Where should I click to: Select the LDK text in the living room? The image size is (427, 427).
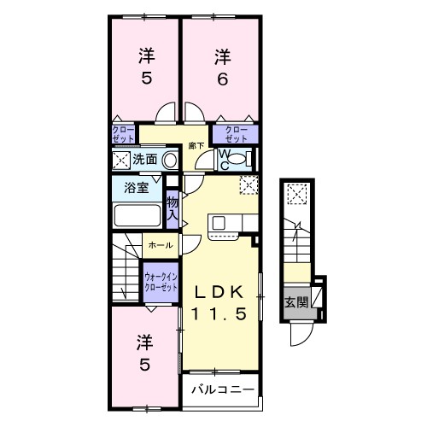click(218, 290)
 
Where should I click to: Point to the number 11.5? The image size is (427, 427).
click(218, 313)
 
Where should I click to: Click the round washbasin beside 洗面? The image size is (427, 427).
click(169, 159)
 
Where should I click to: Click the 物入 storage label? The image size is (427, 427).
click(173, 208)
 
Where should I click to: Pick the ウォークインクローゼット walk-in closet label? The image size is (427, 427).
click(161, 282)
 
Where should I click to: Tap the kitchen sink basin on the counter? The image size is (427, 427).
click(219, 223)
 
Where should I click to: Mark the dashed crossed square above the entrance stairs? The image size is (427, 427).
click(296, 195)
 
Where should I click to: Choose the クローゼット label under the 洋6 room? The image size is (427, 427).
click(236, 133)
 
